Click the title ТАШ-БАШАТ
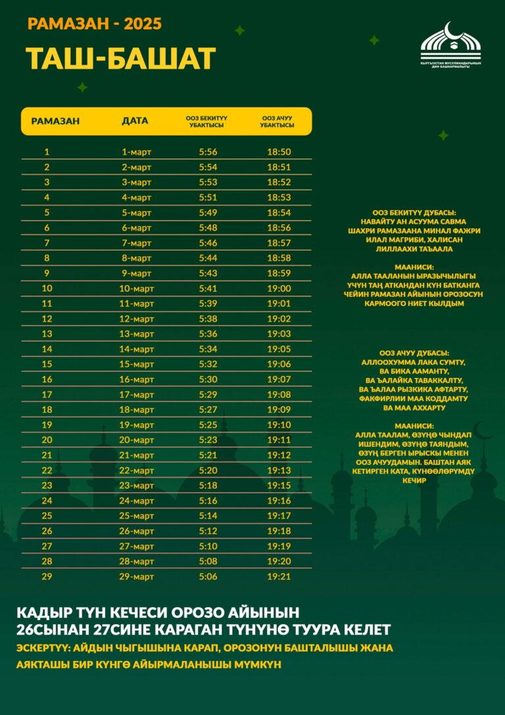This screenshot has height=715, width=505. [121, 59]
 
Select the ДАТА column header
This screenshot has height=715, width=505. [135, 121]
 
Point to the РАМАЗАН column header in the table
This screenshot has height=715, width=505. [55, 121]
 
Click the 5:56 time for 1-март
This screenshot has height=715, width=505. [208, 152]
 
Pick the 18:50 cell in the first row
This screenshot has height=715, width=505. [279, 152]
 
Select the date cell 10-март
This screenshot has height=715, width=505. [137, 288]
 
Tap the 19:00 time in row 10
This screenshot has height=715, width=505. [279, 288]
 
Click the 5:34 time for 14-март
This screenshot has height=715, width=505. [208, 349]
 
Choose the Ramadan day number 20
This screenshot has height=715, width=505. [47, 440]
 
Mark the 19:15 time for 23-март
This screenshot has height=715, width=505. [279, 485]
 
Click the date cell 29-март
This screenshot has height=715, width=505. [137, 576]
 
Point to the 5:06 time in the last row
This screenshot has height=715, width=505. [208, 576]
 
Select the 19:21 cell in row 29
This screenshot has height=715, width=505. [279, 576]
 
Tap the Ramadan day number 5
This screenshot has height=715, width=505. [47, 213]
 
